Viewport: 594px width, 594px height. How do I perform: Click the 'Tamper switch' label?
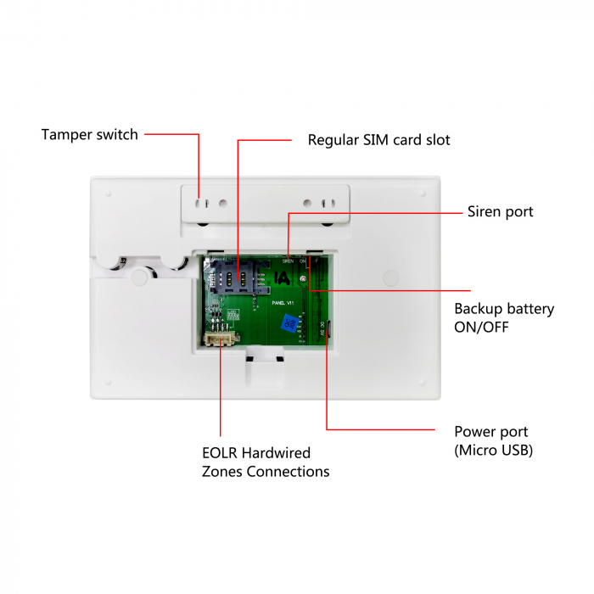point(89,134)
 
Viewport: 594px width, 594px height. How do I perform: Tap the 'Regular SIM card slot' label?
point(378,140)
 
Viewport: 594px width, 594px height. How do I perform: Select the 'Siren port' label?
point(500,211)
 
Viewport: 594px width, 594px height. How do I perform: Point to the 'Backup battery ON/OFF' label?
point(503,317)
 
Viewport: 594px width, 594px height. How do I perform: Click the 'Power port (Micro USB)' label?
point(493,440)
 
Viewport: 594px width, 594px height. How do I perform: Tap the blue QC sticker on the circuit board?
point(289,322)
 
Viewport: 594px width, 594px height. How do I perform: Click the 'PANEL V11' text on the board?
point(283,301)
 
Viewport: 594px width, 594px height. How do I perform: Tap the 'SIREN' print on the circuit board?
point(289,261)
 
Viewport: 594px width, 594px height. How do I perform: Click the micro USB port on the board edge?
point(329,331)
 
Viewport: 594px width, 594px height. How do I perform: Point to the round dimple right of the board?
point(390,277)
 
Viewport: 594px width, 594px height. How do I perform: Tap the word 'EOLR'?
point(223,453)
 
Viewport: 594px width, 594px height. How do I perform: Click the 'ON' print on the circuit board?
point(303,261)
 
